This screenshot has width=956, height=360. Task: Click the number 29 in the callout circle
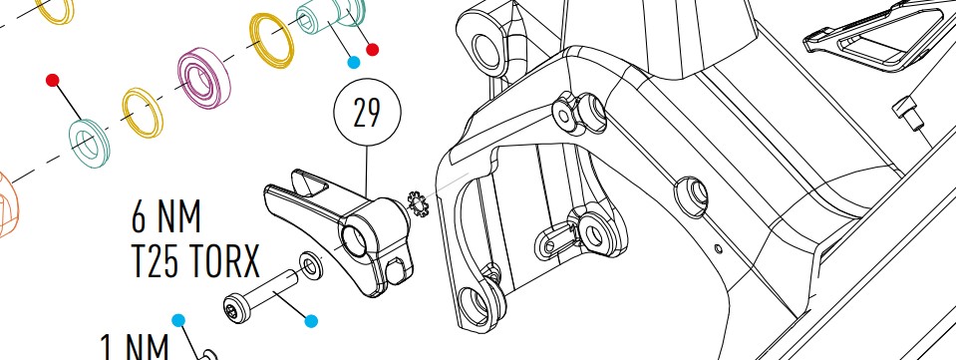367,113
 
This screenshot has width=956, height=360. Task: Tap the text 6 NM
165,217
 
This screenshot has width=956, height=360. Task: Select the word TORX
223,261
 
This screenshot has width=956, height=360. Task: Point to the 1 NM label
134,348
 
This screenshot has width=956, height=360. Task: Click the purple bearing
203,79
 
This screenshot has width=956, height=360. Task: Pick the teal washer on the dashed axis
89,144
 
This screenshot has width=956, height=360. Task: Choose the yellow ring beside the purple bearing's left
143,113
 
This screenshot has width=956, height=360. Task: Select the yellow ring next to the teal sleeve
272,40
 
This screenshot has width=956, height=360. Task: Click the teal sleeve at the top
330,15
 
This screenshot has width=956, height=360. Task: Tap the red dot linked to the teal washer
53,80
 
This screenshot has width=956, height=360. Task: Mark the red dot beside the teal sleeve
372,50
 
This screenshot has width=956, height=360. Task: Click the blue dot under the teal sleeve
353,62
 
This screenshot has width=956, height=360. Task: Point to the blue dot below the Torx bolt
311,321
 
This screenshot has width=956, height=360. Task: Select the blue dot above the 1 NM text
178,320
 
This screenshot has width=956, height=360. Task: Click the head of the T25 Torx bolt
236,309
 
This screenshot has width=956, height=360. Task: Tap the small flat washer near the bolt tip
311,266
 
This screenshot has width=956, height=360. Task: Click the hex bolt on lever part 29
397,271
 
